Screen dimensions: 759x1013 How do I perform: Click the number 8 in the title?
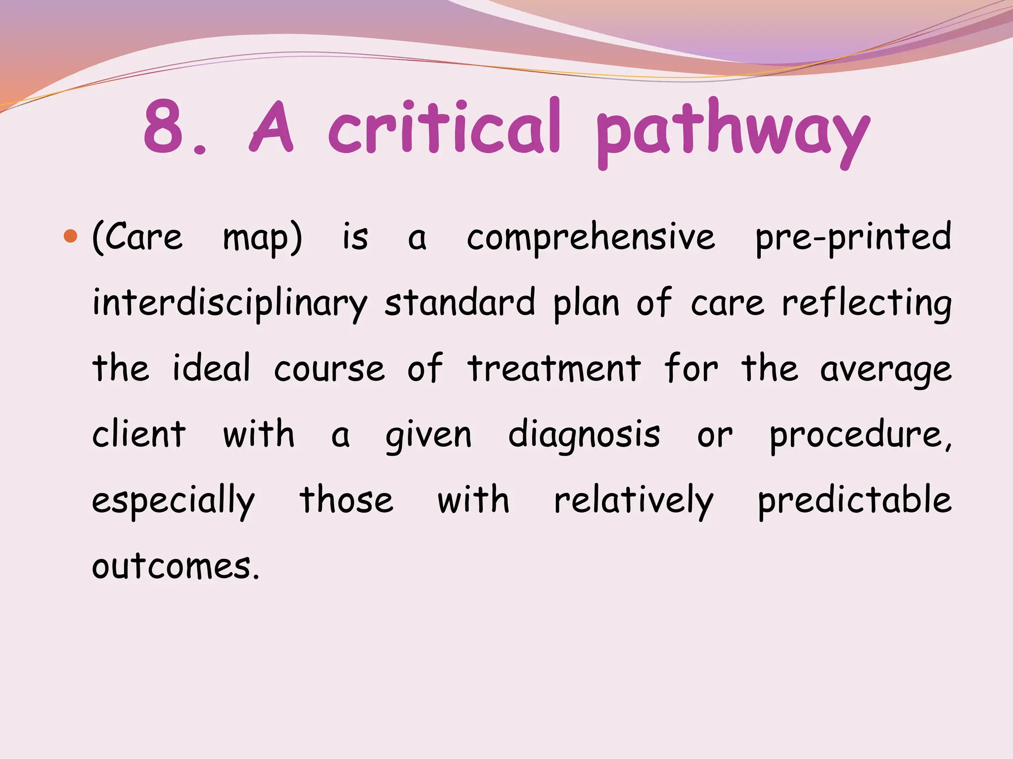(x=164, y=126)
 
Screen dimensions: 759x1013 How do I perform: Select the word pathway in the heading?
(x=733, y=131)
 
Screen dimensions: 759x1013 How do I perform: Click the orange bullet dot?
(x=71, y=236)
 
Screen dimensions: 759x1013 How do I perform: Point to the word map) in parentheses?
(x=263, y=238)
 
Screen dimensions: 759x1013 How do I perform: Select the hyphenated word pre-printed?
(x=853, y=238)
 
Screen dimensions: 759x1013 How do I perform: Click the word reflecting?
(x=867, y=303)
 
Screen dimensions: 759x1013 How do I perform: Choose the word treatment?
(x=554, y=369)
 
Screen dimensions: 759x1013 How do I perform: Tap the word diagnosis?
(x=584, y=435)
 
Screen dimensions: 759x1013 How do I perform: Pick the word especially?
(x=174, y=501)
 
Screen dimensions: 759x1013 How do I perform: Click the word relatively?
(x=634, y=500)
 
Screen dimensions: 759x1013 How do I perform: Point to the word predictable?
(x=855, y=500)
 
